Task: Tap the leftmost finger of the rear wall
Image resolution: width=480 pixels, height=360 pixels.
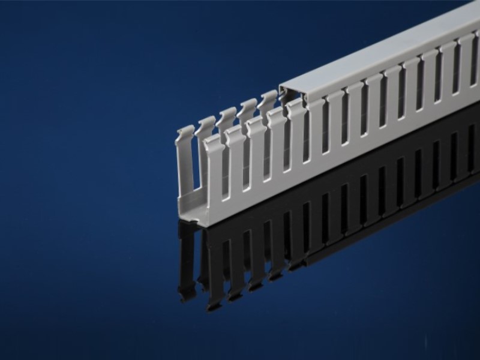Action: click(x=185, y=156)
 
